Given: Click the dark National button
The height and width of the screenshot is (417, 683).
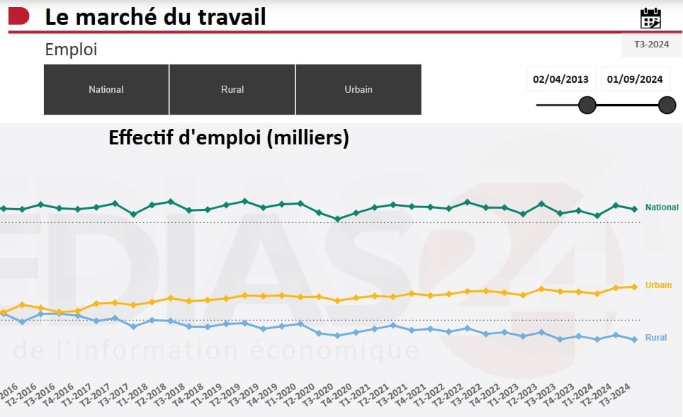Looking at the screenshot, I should pyautogui.click(x=106, y=90).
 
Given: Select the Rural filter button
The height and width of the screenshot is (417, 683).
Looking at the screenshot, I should pyautogui.click(x=232, y=90).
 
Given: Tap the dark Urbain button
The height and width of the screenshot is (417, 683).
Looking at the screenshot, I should pyautogui.click(x=359, y=90).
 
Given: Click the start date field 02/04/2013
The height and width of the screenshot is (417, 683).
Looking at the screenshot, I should pyautogui.click(x=561, y=79).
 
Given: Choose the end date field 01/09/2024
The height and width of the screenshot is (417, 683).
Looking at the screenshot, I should pyautogui.click(x=636, y=79).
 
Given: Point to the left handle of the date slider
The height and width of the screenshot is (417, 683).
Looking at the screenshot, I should pyautogui.click(x=587, y=105).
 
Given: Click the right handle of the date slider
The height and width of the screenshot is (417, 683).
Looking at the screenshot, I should pyautogui.click(x=667, y=105).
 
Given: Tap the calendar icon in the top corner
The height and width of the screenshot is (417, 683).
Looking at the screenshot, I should pyautogui.click(x=650, y=18).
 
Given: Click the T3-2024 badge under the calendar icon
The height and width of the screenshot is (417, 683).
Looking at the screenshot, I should pyautogui.click(x=651, y=44).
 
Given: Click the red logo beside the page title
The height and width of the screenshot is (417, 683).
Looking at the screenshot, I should pyautogui.click(x=19, y=16).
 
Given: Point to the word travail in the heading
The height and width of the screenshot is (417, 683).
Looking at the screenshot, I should pyautogui.click(x=230, y=16).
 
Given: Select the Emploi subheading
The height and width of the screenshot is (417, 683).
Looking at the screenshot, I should pyautogui.click(x=71, y=50).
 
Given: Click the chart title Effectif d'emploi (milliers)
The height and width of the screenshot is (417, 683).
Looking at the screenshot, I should pyautogui.click(x=229, y=137).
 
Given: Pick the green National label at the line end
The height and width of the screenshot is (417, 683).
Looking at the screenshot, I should pyautogui.click(x=662, y=207).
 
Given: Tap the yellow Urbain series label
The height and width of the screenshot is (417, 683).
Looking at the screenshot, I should pyautogui.click(x=658, y=285).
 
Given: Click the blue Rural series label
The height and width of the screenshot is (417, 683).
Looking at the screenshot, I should pyautogui.click(x=656, y=338).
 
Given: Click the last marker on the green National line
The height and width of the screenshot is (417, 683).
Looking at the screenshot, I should pyautogui.click(x=635, y=209).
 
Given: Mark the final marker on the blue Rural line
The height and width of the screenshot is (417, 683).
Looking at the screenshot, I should pyautogui.click(x=635, y=339).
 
